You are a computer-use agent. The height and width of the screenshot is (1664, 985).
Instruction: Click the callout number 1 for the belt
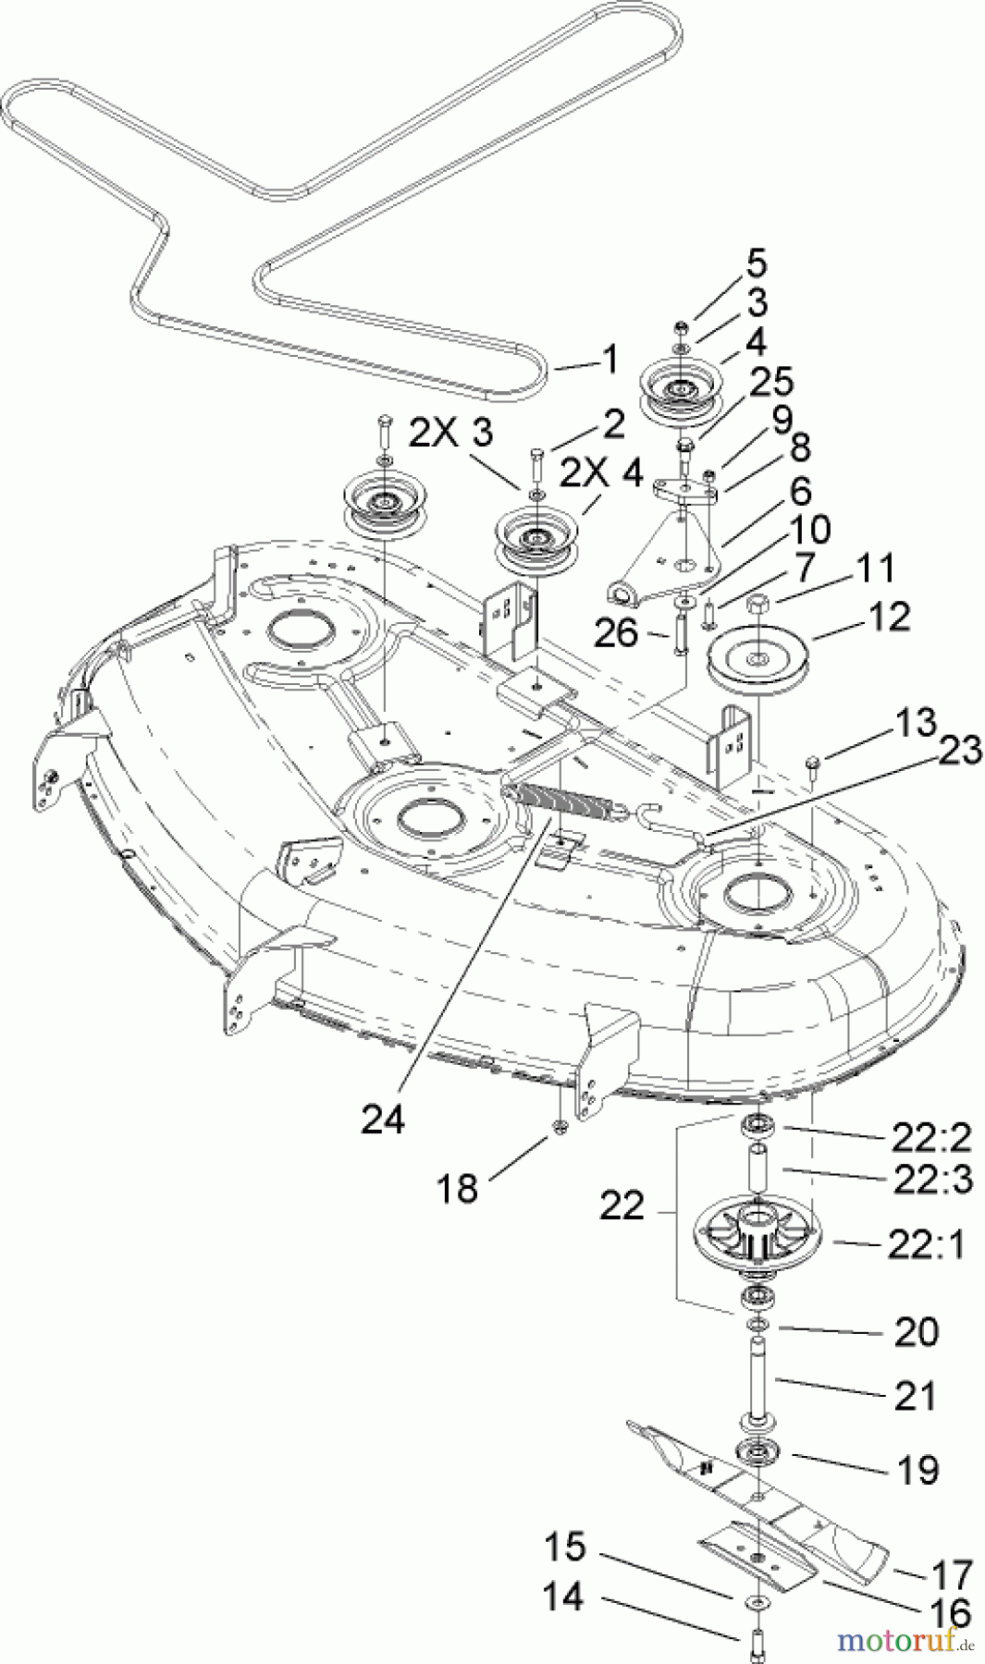point(609,361)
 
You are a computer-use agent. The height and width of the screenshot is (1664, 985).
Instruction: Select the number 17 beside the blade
point(952,1573)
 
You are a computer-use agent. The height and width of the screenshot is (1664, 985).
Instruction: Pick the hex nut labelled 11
point(758,604)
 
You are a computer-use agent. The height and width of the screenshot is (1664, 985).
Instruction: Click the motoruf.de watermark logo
point(905,1641)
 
